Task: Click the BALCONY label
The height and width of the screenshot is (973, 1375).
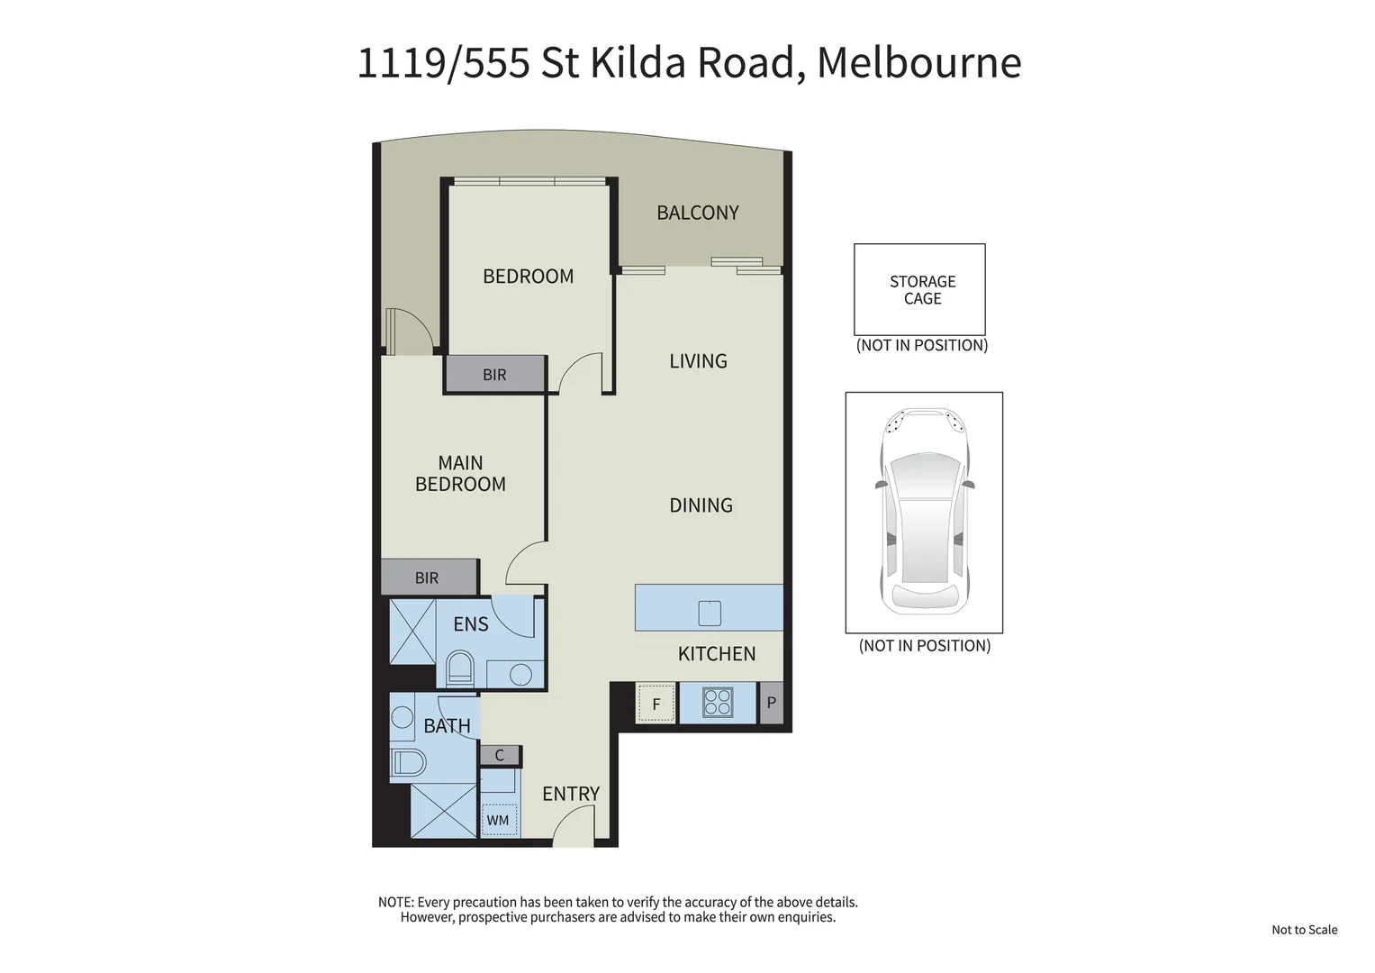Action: (x=697, y=213)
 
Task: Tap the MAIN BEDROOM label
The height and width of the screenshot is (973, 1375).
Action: (x=460, y=473)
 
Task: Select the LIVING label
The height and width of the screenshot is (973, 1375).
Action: (x=698, y=361)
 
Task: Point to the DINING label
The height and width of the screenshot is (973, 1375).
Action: (x=701, y=505)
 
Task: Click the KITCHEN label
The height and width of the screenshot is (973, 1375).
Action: (x=716, y=654)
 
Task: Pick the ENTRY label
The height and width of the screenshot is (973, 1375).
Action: (x=570, y=794)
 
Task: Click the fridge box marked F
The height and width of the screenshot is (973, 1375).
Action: (x=656, y=704)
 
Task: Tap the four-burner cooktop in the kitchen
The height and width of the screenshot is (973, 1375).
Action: (x=718, y=703)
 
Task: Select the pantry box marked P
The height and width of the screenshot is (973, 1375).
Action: (x=771, y=703)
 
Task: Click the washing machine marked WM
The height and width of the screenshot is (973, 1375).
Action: (x=498, y=820)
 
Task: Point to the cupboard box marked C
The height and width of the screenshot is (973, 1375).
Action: (x=500, y=755)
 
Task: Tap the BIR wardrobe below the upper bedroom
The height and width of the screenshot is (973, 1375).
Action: (x=494, y=375)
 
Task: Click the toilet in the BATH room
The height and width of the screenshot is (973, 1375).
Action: (x=408, y=763)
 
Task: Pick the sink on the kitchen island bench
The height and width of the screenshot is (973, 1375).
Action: (x=710, y=614)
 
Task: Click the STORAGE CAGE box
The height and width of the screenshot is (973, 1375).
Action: (x=919, y=289)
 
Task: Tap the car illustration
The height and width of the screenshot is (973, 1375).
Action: (x=924, y=511)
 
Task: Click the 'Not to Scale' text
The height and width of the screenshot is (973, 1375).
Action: (x=1304, y=930)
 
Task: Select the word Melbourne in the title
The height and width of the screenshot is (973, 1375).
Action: (x=918, y=63)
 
